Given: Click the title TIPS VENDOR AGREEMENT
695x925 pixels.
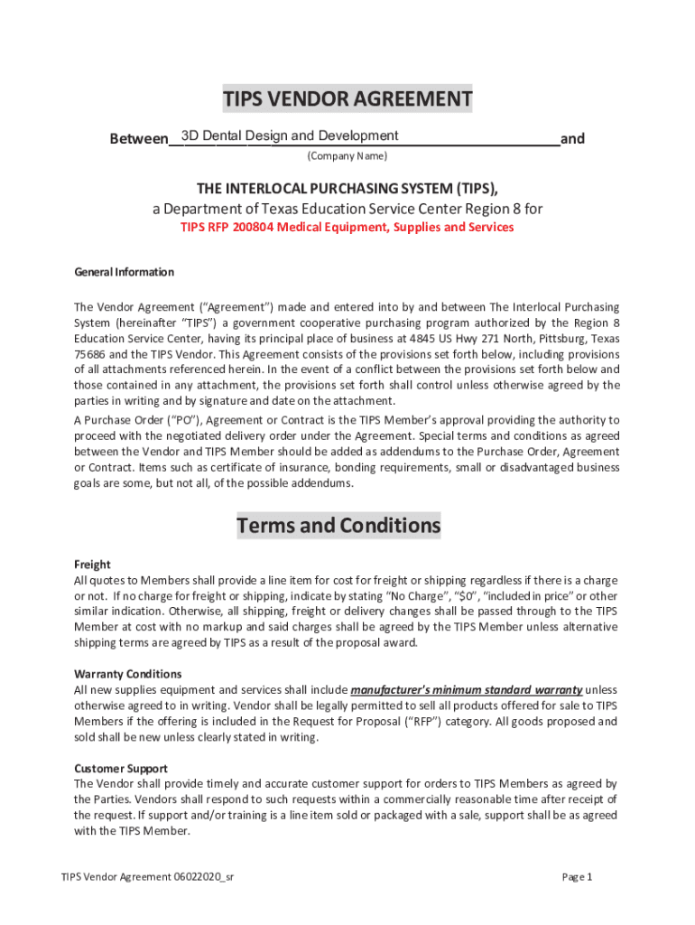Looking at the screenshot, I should (x=347, y=99).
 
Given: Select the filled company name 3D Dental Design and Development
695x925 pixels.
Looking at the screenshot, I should (x=289, y=135).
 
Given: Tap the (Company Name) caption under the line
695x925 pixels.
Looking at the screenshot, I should (x=347, y=156).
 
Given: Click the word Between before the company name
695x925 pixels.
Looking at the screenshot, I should (x=138, y=139).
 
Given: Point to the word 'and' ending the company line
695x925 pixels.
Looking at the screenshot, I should (x=572, y=139).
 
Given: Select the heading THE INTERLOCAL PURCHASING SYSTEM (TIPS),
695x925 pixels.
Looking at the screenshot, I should (x=347, y=188).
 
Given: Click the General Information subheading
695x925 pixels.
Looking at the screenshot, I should (x=124, y=272).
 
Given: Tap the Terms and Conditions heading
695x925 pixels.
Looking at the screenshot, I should (x=338, y=526).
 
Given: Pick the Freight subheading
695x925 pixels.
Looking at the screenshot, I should (x=92, y=565).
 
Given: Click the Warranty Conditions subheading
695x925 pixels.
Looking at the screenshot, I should (x=127, y=674).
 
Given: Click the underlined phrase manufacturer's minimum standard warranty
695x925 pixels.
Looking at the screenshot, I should (x=466, y=690).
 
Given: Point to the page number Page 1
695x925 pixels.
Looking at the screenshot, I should (x=577, y=877).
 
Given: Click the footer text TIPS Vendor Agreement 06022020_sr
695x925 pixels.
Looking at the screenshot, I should (x=148, y=877).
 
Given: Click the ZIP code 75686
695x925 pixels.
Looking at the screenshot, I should (x=88, y=355).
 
